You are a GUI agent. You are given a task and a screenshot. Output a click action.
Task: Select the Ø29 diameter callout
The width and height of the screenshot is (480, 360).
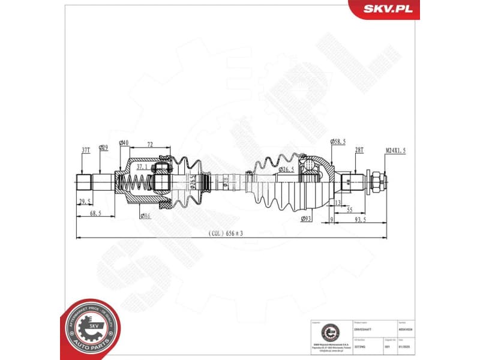(x=104, y=148)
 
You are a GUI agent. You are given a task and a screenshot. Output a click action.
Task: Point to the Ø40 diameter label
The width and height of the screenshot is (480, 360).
(x=124, y=143)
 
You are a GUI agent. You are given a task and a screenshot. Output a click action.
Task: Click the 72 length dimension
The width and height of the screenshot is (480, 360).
(x=149, y=145)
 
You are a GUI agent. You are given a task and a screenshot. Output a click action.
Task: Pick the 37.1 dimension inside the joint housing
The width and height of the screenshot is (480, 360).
(x=142, y=166)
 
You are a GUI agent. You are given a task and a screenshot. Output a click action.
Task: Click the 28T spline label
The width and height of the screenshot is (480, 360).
(x=359, y=149)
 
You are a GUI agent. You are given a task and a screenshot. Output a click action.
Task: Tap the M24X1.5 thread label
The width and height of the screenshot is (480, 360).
(x=395, y=151)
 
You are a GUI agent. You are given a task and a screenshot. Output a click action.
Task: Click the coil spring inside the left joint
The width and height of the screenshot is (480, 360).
(x=136, y=180)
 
